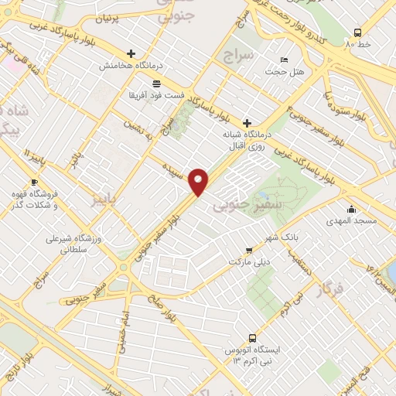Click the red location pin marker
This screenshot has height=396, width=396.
pyautogui.click(x=199, y=181)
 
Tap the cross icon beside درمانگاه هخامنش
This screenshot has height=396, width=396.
pyautogui.click(x=130, y=54)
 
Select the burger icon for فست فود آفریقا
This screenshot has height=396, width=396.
pyautogui.click(x=156, y=83)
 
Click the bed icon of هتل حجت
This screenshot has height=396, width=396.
pyautogui.click(x=284, y=60)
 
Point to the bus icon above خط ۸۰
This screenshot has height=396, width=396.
pyautogui.click(x=357, y=32)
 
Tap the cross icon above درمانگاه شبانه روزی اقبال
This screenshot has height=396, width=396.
pyautogui.click(x=247, y=122)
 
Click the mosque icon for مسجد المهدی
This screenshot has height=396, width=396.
pyautogui.click(x=352, y=209)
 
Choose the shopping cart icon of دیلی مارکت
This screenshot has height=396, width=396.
pyautogui.click(x=248, y=250)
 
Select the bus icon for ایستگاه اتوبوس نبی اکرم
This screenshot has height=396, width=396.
pyautogui.click(x=252, y=338)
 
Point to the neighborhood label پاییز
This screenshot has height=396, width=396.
pyautogui.click(x=105, y=201)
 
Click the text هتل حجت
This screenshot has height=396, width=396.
pyautogui.click(x=282, y=72)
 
